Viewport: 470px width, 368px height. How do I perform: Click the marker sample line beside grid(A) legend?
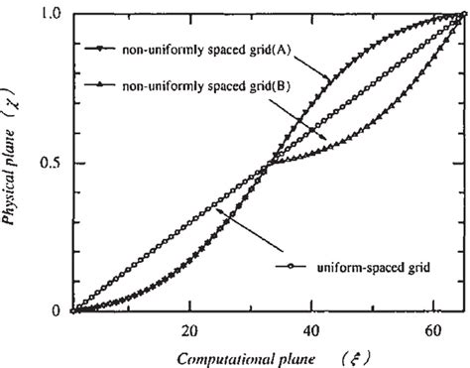[x=100, y=47]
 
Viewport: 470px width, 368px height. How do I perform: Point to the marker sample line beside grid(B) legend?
[x=100, y=86]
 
